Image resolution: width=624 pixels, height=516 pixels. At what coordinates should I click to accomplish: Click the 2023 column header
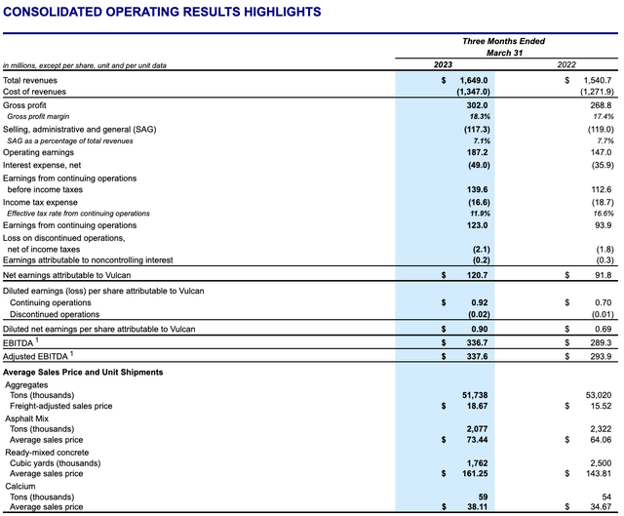(443, 64)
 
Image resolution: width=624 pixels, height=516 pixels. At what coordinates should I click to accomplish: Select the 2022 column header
(566, 64)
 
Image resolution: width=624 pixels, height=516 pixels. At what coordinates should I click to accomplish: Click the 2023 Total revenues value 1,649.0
(474, 80)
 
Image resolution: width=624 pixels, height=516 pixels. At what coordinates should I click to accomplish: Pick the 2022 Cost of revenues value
(597, 92)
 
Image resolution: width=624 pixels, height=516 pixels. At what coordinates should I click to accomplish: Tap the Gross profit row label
(24, 105)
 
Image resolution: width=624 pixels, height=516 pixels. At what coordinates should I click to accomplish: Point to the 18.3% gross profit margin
(480, 117)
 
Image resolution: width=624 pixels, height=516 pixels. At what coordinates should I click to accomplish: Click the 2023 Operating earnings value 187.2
(477, 152)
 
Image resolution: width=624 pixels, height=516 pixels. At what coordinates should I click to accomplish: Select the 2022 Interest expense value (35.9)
(603, 165)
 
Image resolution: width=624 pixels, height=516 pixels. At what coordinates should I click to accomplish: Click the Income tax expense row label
(40, 202)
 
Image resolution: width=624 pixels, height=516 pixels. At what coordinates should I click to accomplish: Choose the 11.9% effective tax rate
(480, 214)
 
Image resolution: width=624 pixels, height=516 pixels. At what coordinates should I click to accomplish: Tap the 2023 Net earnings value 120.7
(477, 275)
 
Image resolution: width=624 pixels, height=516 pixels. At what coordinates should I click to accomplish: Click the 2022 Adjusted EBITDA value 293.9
(601, 356)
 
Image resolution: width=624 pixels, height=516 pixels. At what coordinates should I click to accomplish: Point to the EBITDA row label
(19, 342)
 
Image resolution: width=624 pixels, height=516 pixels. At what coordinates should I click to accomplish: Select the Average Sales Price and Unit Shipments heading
(83, 373)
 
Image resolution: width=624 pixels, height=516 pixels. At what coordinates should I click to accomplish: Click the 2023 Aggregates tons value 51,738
(475, 395)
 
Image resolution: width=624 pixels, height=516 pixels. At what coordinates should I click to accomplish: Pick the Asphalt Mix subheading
(26, 418)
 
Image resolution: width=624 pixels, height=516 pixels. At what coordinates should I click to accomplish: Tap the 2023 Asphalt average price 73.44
(477, 440)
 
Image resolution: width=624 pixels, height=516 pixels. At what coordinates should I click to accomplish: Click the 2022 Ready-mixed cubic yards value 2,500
(601, 463)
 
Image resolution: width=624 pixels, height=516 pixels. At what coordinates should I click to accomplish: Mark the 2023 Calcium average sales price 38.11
(477, 507)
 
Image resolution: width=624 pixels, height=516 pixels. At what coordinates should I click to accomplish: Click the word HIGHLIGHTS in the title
(282, 12)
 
